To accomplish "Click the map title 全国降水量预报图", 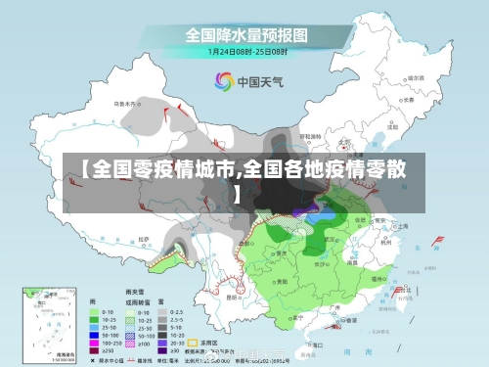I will click(245, 34).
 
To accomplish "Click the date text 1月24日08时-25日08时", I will click(244, 52).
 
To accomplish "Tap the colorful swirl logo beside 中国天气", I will click(223, 81).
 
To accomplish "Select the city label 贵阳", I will click(285, 278).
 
